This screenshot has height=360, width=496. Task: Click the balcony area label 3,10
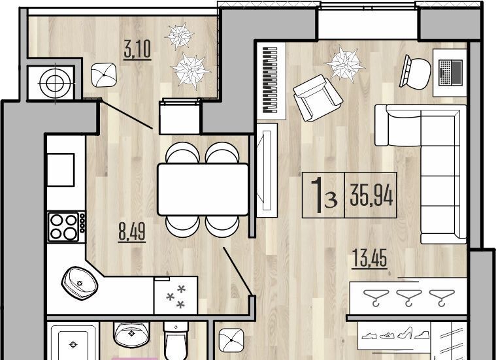pos(137,50)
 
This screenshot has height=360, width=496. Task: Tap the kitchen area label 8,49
pos(132,231)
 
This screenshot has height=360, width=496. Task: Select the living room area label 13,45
pos(369,258)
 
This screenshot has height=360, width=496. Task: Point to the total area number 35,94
pos(371,195)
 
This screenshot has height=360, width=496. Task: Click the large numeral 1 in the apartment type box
pos(317,195)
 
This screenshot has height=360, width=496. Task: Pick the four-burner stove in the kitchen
pos(67,227)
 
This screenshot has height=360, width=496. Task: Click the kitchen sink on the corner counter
pos(79,283)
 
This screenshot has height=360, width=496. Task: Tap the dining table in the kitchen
pos(203,189)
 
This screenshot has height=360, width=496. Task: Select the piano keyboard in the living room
pos(271,80)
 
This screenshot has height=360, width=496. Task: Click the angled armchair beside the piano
pos(318,98)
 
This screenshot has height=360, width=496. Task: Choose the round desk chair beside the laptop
pos(416,73)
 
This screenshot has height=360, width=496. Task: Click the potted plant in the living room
pos(344,64)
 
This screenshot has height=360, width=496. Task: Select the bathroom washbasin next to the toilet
pos(131,335)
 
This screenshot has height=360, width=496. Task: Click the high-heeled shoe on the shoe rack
pos(405,333)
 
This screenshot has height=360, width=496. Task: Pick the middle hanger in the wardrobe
pos(409,298)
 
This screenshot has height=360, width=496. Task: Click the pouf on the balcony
pos(104,75)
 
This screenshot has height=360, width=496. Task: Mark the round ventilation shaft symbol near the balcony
pos(56,83)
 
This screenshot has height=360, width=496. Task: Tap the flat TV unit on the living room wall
pos(267,170)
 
